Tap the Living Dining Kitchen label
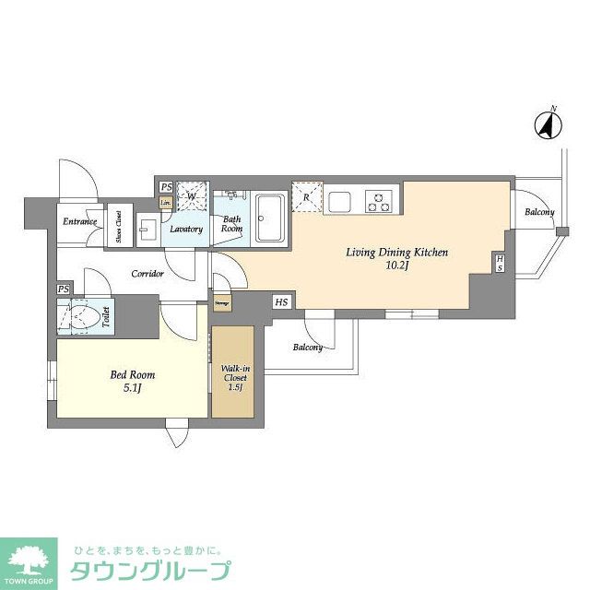[x=396, y=251]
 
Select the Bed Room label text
[x=132, y=375]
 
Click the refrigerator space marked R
[x=307, y=196]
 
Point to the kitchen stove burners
[x=379, y=198]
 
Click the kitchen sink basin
[x=339, y=199]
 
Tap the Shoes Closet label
[x=119, y=225]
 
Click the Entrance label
[x=81, y=222]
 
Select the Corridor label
[x=147, y=274]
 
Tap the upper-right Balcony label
[x=539, y=213]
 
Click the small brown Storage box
[x=221, y=301]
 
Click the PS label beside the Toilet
[x=63, y=289]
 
